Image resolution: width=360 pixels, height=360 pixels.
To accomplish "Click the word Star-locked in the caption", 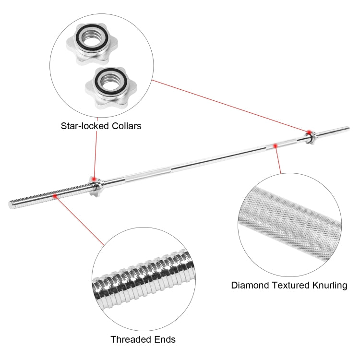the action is pos(84,126).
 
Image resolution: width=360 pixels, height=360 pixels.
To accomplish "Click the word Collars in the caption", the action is pos(127,126).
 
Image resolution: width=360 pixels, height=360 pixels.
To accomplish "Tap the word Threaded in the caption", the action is pos(131,339).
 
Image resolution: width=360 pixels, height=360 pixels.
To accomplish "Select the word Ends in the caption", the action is pos(165,339).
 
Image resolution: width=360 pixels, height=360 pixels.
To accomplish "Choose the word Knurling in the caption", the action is pos(330,285).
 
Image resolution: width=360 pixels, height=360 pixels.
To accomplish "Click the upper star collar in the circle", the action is pos(92,44).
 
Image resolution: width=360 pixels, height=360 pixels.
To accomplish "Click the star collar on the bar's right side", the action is pos(310,137).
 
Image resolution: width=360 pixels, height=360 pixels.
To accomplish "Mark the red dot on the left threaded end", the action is pos(55,196).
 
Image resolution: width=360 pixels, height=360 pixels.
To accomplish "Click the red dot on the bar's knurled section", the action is pos(275,145).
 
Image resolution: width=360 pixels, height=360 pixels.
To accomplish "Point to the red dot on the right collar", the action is pos(309,132).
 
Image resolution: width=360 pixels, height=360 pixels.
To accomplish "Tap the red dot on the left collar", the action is pos(94,179).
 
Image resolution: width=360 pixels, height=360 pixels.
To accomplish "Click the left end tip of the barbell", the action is pos(10,205).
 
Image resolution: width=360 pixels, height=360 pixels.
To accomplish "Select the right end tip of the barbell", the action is pos(349,128).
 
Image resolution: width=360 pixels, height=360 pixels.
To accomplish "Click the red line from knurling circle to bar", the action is pos(278,159).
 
